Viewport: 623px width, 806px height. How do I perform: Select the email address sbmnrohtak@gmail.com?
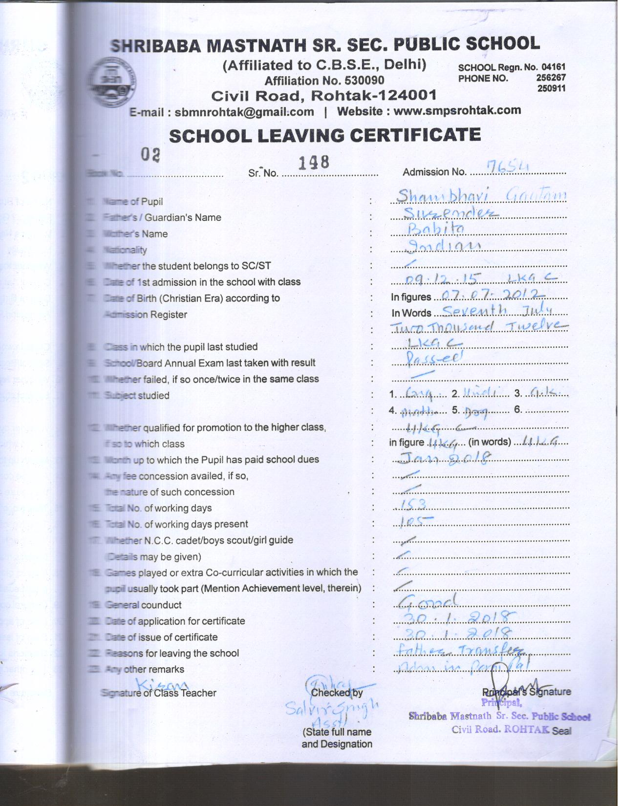[244, 112]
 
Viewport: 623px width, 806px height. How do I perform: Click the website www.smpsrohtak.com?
[457, 111]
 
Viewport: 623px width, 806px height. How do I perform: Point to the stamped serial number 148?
[313, 163]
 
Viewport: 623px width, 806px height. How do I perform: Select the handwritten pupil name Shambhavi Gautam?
[481, 196]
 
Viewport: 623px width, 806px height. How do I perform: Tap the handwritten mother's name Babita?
[436, 228]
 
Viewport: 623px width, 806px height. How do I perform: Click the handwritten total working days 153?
[413, 504]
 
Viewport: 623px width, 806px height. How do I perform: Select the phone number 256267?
[551, 78]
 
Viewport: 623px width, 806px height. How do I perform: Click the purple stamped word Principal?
[501, 703]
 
